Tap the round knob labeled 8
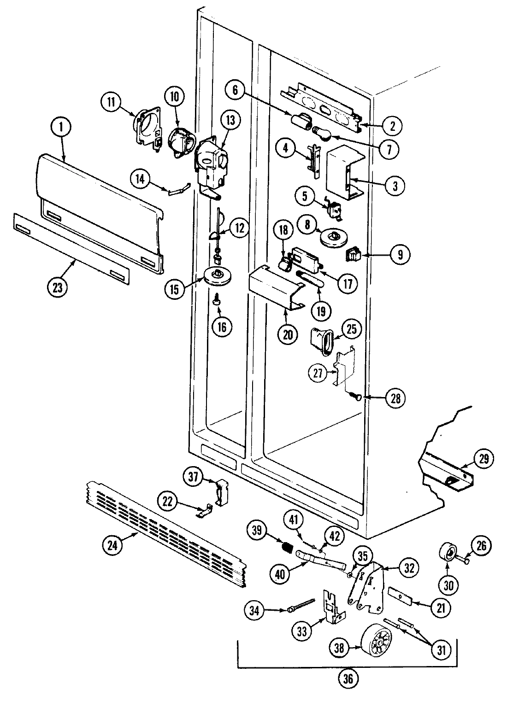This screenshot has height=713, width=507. pyautogui.click(x=334, y=238)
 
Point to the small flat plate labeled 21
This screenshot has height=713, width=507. pyautogui.click(x=400, y=595)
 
